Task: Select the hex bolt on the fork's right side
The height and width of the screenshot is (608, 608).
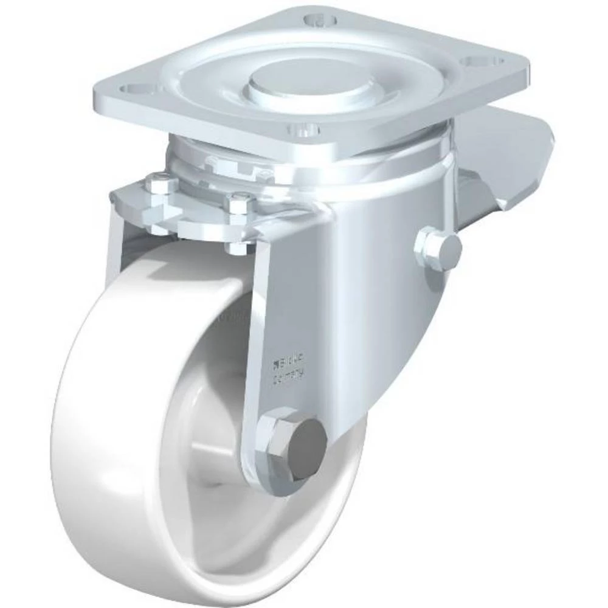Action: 438,249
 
